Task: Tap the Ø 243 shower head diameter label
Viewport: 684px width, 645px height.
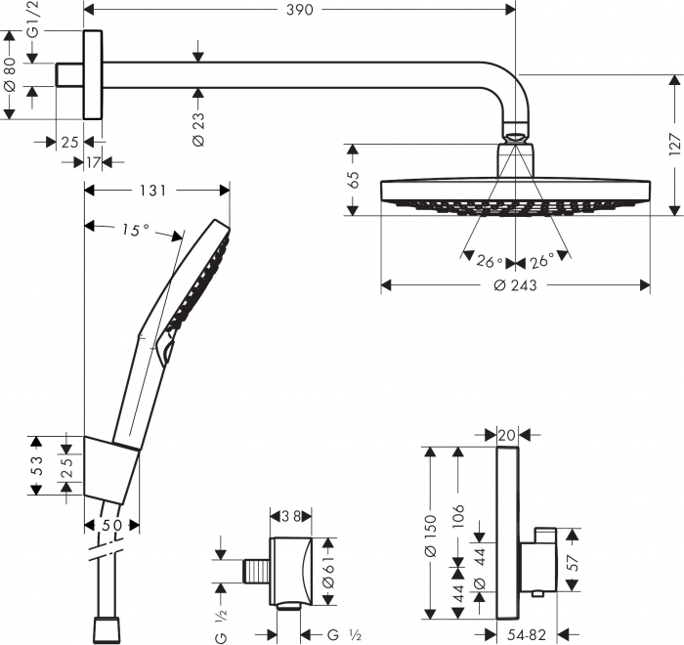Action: pyautogui.click(x=516, y=285)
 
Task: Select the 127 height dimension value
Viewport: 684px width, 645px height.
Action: pyautogui.click(x=672, y=144)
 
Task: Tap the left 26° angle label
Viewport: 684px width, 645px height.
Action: pyautogui.click(x=489, y=261)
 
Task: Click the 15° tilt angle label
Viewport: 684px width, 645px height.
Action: pyautogui.click(x=136, y=230)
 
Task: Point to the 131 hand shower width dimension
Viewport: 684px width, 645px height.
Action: pyautogui.click(x=153, y=190)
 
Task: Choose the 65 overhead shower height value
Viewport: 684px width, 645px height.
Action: pyautogui.click(x=355, y=180)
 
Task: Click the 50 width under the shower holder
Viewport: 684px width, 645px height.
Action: pyautogui.click(x=111, y=526)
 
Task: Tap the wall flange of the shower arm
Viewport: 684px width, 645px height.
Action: pyautogui.click(x=93, y=75)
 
